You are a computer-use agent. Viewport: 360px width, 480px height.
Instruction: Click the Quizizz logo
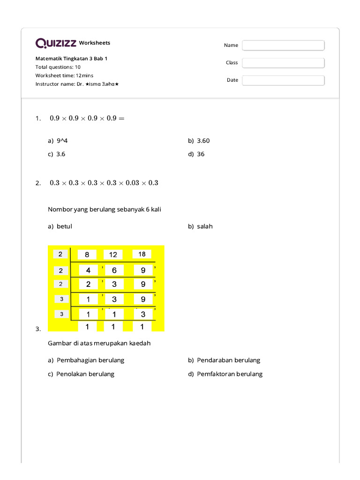tap(56, 43)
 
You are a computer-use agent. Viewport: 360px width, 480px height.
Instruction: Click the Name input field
tap(283, 45)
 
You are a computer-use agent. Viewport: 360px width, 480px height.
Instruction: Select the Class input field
tap(283, 63)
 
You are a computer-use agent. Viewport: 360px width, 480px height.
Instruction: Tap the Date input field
tap(283, 80)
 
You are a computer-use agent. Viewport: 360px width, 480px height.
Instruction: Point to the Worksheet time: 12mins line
tap(64, 75)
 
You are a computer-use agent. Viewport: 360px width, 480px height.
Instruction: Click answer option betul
tap(64, 226)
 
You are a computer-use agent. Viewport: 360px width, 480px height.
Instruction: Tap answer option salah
tap(204, 226)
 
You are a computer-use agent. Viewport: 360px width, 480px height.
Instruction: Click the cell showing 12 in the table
tap(113, 255)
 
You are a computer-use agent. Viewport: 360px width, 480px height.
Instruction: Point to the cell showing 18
tap(142, 254)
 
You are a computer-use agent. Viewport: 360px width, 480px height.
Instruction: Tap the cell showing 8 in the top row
tap(87, 255)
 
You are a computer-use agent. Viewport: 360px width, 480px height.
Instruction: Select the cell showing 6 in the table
tap(114, 270)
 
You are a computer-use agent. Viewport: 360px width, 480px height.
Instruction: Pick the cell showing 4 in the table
tap(88, 270)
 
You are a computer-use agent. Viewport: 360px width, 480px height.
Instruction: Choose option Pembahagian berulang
tap(90, 360)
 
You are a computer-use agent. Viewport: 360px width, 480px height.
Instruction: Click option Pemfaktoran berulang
tap(229, 374)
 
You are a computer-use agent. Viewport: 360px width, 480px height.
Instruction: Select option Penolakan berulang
tap(85, 374)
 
